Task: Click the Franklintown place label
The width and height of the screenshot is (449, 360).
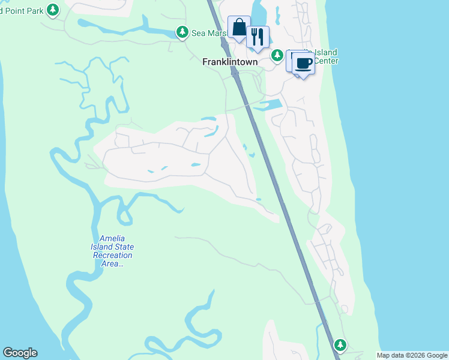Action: point(230,62)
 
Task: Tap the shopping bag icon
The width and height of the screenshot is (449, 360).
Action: point(239,28)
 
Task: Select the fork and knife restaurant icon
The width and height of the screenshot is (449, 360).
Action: point(258,37)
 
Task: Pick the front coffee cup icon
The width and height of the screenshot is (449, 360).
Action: point(304,63)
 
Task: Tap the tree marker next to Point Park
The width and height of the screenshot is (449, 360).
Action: point(53,10)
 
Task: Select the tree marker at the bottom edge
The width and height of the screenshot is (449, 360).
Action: point(340,345)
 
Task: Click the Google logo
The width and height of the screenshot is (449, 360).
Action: point(20,353)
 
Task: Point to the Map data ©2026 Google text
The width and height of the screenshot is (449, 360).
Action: point(412,355)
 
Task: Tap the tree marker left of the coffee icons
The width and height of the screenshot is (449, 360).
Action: point(277,56)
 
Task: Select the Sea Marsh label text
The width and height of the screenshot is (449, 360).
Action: point(208,33)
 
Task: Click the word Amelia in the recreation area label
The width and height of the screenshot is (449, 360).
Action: point(113,239)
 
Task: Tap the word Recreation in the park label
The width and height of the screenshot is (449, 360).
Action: point(113,255)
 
